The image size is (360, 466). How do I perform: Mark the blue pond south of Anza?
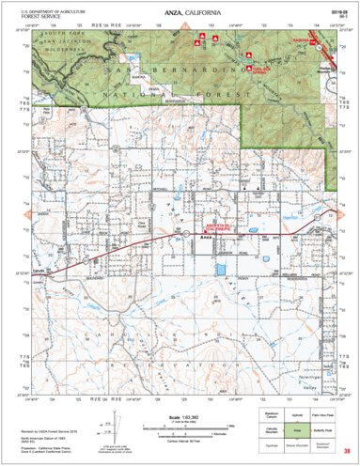pyautogui.click(x=221, y=270)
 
